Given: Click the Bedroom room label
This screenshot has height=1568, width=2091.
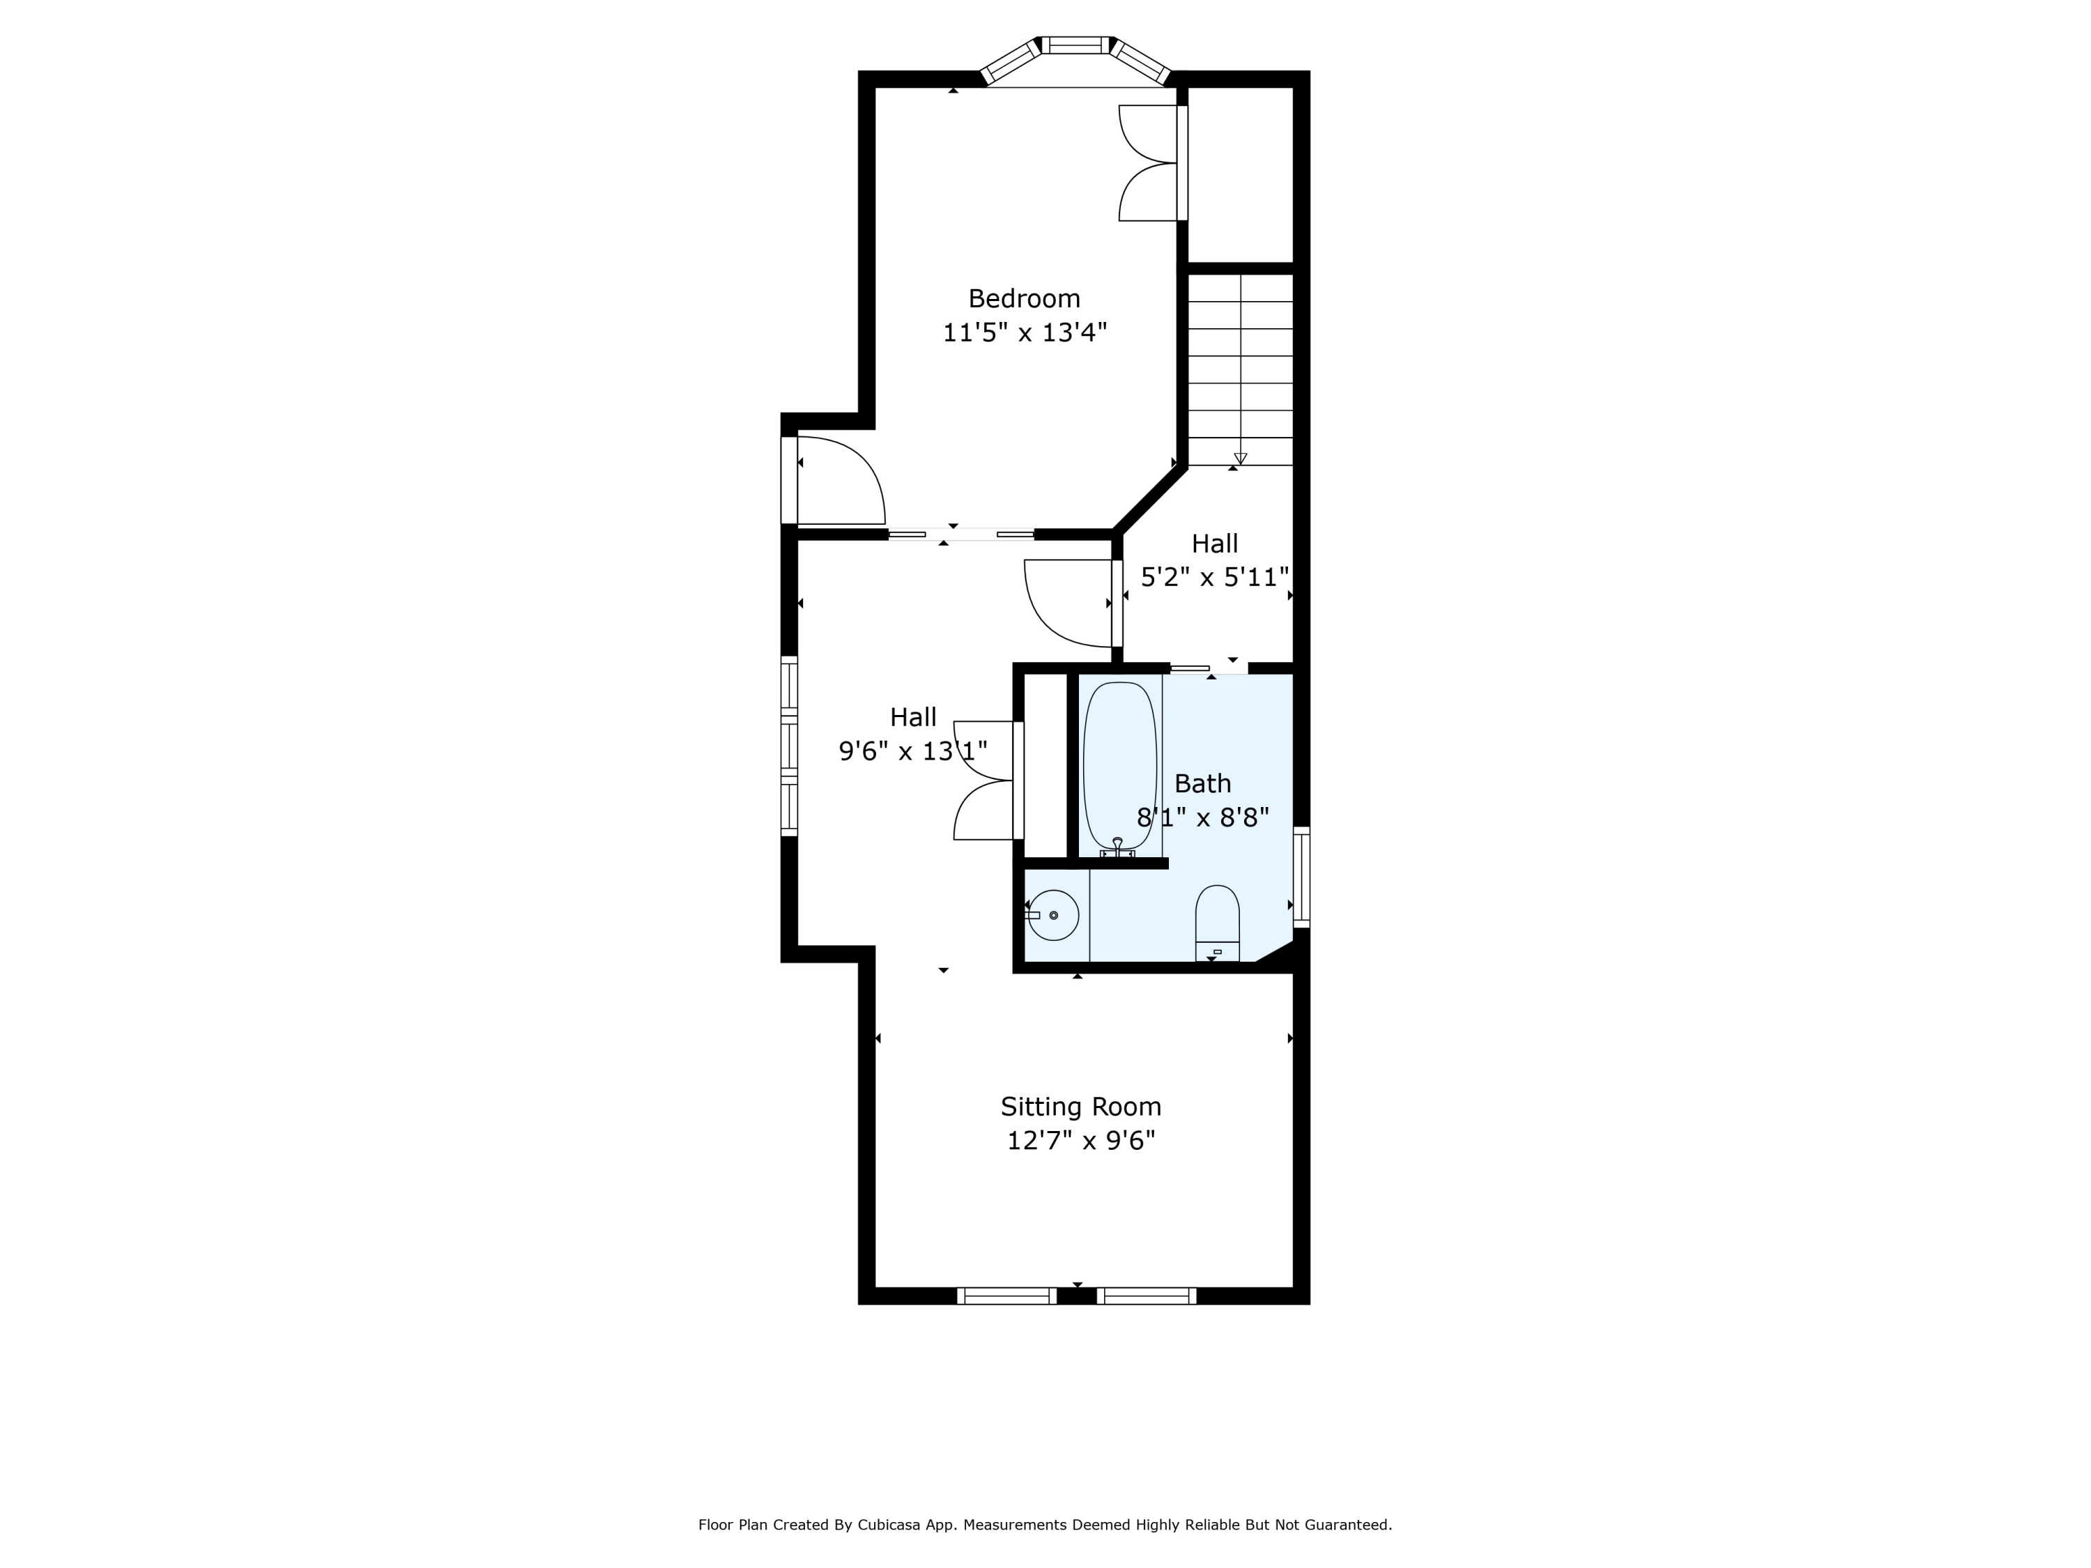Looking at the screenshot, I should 1024,299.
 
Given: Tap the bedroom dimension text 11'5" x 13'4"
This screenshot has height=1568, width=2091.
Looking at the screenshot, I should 1024,332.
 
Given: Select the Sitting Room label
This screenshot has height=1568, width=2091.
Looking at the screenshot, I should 1080,1107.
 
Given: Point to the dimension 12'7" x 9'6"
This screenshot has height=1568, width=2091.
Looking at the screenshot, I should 1080,1141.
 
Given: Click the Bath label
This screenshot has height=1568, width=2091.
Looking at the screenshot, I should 1202,783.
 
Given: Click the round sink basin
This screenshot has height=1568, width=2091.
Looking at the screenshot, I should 1053,915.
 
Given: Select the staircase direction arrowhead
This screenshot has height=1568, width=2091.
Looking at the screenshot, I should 1240,459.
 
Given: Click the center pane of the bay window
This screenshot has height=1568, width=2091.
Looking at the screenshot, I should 1075,45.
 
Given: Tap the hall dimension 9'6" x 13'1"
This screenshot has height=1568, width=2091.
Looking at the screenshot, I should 913,751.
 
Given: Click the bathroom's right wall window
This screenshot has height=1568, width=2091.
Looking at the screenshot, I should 1302,876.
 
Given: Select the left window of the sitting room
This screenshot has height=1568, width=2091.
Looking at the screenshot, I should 1006,1296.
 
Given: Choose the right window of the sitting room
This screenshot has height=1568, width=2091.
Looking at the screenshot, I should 1147,1296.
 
